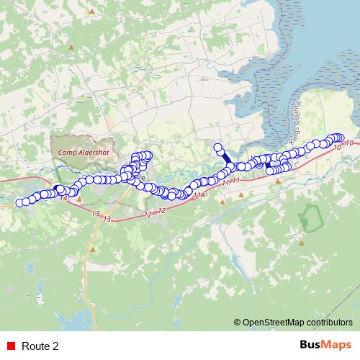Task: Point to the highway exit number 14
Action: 64,197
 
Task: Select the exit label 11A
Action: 199,194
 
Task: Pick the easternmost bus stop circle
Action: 341,138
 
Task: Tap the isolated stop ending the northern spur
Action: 217,148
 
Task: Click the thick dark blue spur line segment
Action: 224,157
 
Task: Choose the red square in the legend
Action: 11,346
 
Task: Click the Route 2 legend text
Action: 40,346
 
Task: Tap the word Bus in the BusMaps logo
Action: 311,346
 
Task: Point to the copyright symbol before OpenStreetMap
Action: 238,323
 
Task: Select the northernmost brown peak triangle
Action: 91,12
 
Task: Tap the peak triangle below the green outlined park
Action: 302,243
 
